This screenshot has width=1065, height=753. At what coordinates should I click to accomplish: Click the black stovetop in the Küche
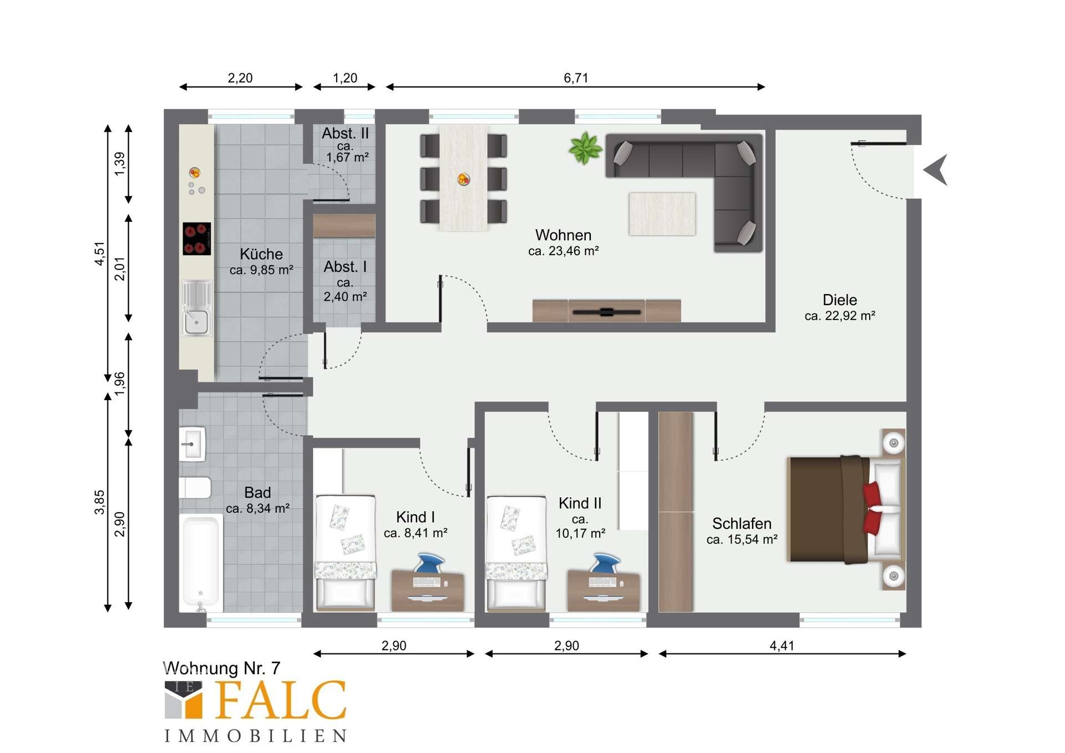[197, 239]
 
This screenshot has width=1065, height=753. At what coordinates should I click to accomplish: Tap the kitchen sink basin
[196, 322]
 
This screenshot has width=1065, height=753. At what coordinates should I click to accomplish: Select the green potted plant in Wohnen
[585, 148]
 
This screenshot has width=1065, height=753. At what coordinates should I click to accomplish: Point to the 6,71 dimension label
[576, 78]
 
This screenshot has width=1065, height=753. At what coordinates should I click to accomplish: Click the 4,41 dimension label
[782, 646]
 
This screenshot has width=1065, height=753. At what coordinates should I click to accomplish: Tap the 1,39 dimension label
[120, 164]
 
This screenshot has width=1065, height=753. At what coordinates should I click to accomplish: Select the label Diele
[840, 300]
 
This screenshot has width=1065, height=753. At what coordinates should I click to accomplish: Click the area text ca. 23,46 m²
[564, 251]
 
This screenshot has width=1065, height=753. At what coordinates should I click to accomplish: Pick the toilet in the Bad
[195, 488]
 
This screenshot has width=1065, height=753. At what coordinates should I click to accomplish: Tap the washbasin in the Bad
[192, 444]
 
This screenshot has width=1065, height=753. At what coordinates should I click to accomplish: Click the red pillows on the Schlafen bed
[872, 508]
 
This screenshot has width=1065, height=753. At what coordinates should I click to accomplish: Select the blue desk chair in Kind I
[429, 563]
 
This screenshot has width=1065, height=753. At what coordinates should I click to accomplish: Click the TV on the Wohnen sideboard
[607, 312]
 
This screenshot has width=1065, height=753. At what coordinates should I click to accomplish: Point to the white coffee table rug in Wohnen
[662, 214]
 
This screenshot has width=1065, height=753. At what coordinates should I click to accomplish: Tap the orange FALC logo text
[281, 700]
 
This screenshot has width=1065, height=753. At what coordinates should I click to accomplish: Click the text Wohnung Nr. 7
[222, 668]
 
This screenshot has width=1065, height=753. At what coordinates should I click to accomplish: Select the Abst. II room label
[345, 134]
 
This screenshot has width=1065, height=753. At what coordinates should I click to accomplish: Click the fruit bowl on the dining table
[464, 179]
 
